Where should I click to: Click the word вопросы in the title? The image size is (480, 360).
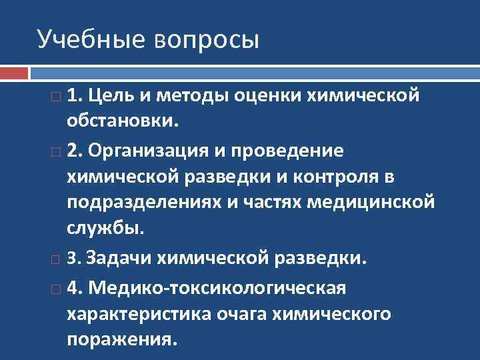(x=206, y=41)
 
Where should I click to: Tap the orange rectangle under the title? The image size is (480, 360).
(x=14, y=73)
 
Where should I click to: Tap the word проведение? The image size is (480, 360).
(x=294, y=151)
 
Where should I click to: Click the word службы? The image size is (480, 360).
(x=105, y=228)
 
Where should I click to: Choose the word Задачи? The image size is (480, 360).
(x=117, y=257)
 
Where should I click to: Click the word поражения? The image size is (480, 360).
(x=122, y=339)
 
